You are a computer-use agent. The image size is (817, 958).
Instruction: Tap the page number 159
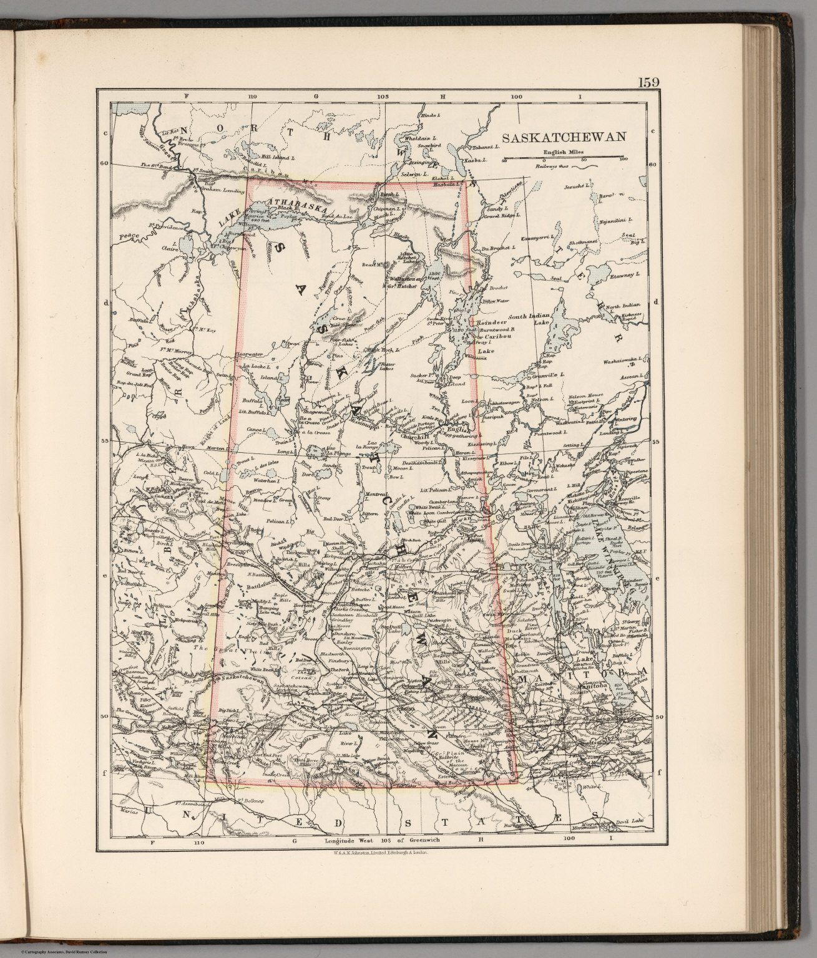point(635,82)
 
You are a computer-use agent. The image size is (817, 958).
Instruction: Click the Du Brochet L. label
point(497,248)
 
